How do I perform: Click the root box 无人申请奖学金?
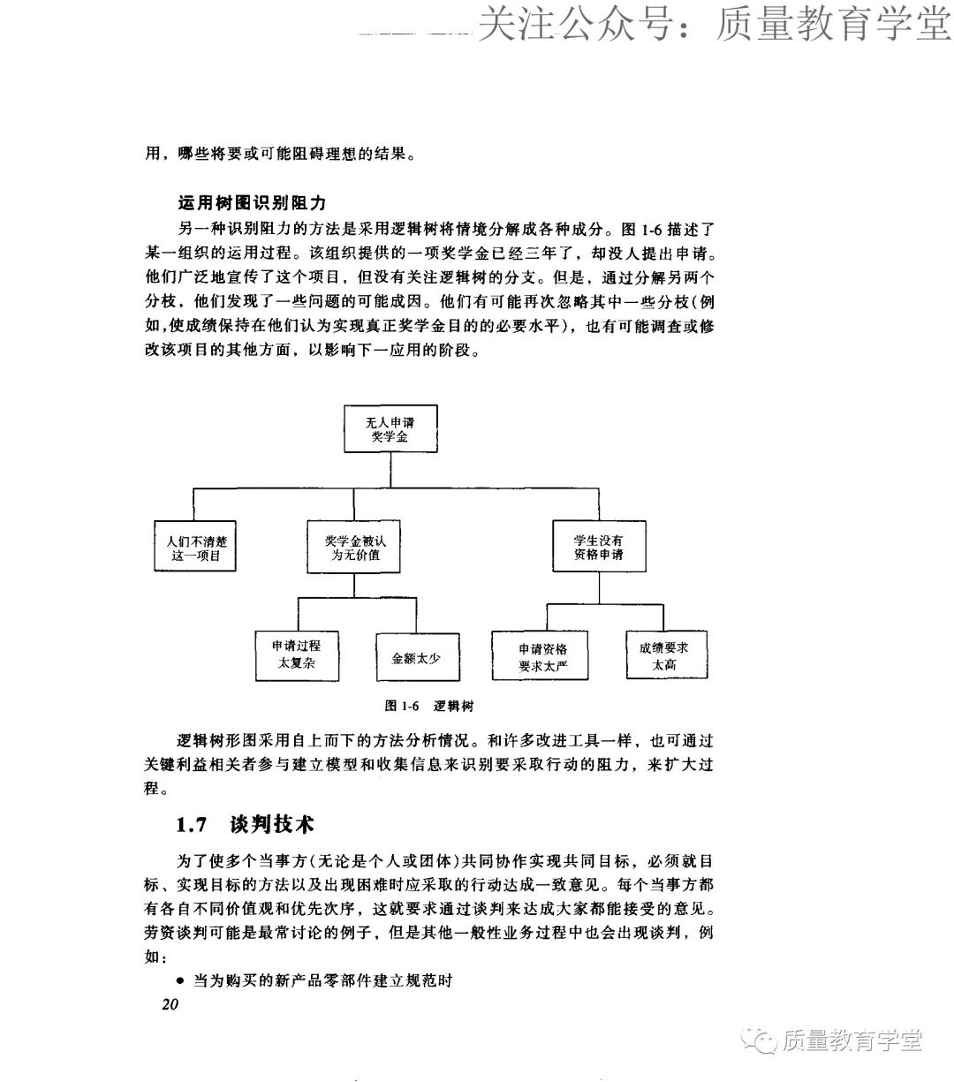pyautogui.click(x=390, y=430)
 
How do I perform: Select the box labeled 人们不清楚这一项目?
pyautogui.click(x=194, y=548)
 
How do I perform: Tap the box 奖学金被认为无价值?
pyautogui.click(x=355, y=548)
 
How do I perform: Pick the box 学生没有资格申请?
pyautogui.click(x=598, y=548)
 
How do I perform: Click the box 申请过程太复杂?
pyautogui.click(x=297, y=654)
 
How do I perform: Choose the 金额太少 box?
pyautogui.click(x=417, y=658)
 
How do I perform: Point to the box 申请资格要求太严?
pyautogui.click(x=542, y=658)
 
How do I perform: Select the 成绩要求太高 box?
pyautogui.click(x=664, y=656)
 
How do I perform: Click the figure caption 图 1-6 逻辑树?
pyautogui.click(x=430, y=706)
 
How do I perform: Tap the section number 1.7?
pyautogui.click(x=192, y=825)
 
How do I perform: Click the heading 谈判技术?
pyautogui.click(x=272, y=825)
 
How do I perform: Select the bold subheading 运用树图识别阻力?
pyautogui.click(x=252, y=204)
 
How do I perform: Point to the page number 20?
pyautogui.click(x=170, y=1004)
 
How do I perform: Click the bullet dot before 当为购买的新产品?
pyautogui.click(x=180, y=980)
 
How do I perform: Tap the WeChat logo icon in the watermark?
pyautogui.click(x=761, y=1040)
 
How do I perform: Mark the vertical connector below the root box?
pyautogui.click(x=390, y=469)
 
